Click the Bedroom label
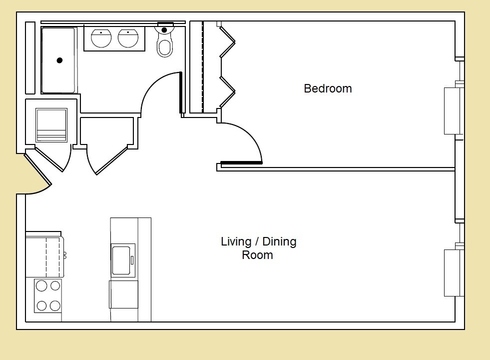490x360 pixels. (328, 88)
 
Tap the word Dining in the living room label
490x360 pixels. (279, 241)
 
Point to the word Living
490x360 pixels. (236, 241)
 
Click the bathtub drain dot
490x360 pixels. (59, 60)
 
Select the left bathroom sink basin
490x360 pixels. (101, 38)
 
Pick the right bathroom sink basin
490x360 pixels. (128, 38)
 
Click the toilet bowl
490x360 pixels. (164, 47)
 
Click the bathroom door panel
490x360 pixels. (180, 93)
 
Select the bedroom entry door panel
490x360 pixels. (241, 162)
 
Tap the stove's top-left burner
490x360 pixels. (42, 286)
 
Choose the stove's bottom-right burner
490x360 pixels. (55, 305)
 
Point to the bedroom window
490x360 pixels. (454, 110)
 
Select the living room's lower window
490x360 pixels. (454, 272)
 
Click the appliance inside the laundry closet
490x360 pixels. (51, 125)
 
